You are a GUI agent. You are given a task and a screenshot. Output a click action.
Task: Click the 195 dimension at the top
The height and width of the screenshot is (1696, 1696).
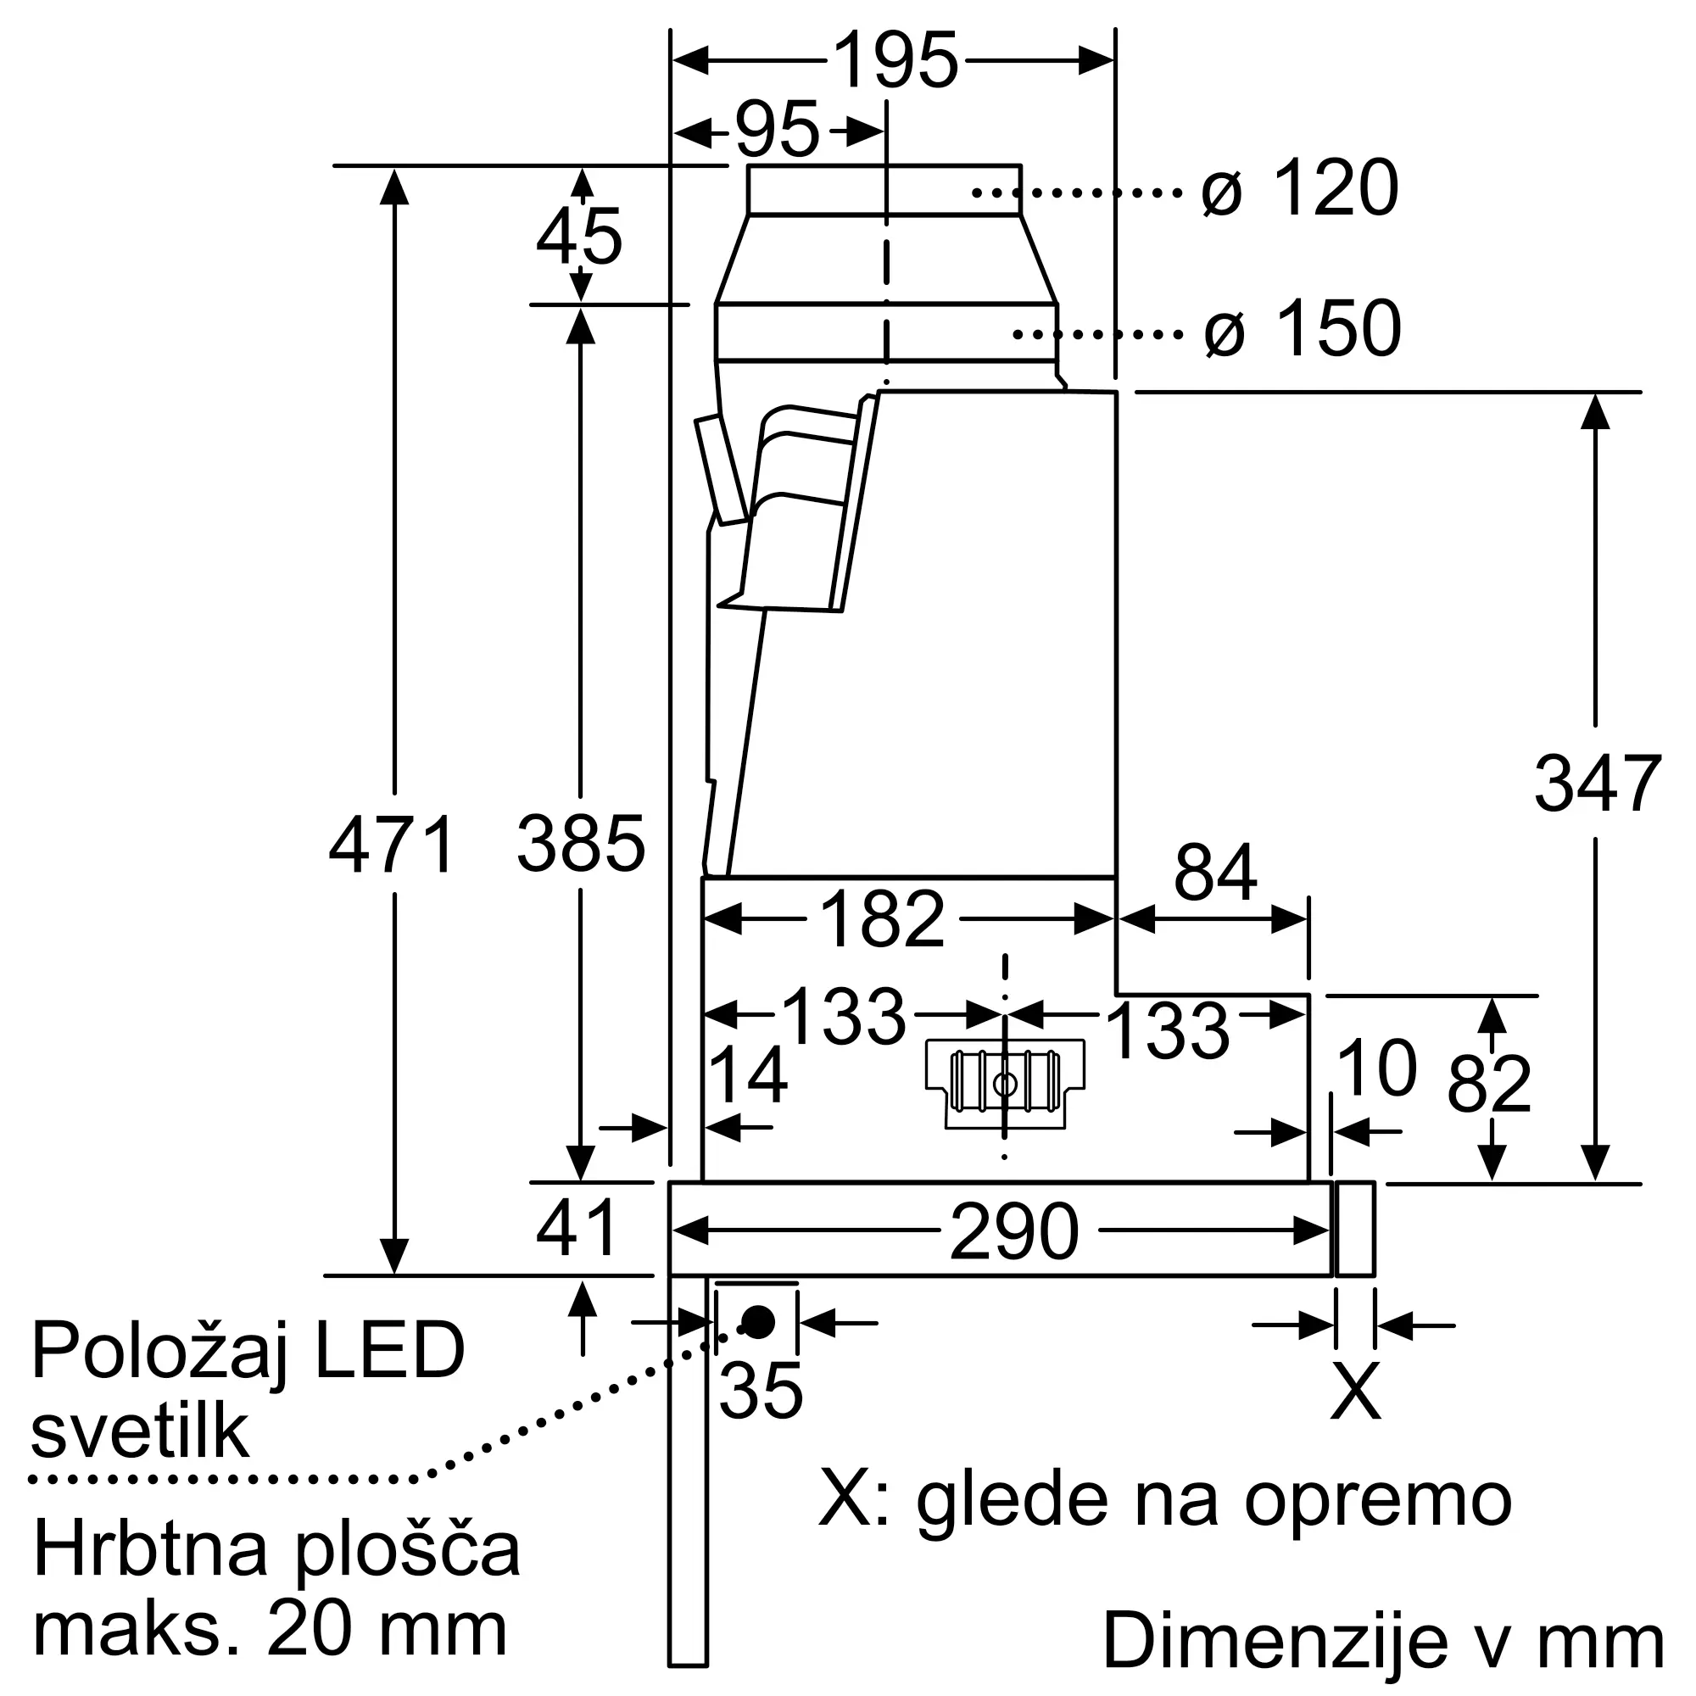pyautogui.click(x=895, y=60)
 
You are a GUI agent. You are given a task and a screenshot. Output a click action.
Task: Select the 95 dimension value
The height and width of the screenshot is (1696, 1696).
pyautogui.click(x=778, y=130)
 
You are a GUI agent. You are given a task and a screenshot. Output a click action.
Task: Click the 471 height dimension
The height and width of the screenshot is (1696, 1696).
pyautogui.click(x=392, y=844)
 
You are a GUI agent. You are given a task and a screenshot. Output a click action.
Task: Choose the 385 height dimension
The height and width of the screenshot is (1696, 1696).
pyautogui.click(x=581, y=844)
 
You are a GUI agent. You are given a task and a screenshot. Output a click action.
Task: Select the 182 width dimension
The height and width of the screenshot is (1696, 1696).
pyautogui.click(x=882, y=919)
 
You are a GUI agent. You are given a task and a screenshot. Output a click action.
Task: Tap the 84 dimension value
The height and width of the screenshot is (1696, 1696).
pyautogui.click(x=1216, y=873)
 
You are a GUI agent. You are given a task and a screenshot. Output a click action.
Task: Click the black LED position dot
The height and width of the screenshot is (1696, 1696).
pyautogui.click(x=757, y=1321)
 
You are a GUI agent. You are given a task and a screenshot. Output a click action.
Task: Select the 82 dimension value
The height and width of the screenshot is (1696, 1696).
pyautogui.click(x=1489, y=1084)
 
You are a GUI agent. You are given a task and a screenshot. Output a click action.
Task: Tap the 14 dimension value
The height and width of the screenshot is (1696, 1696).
pyautogui.click(x=747, y=1074)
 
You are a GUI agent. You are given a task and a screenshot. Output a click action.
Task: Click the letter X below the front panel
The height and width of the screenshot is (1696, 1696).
pyautogui.click(x=1355, y=1391)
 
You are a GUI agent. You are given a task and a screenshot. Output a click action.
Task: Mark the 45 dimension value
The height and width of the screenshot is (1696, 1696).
pyautogui.click(x=579, y=236)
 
